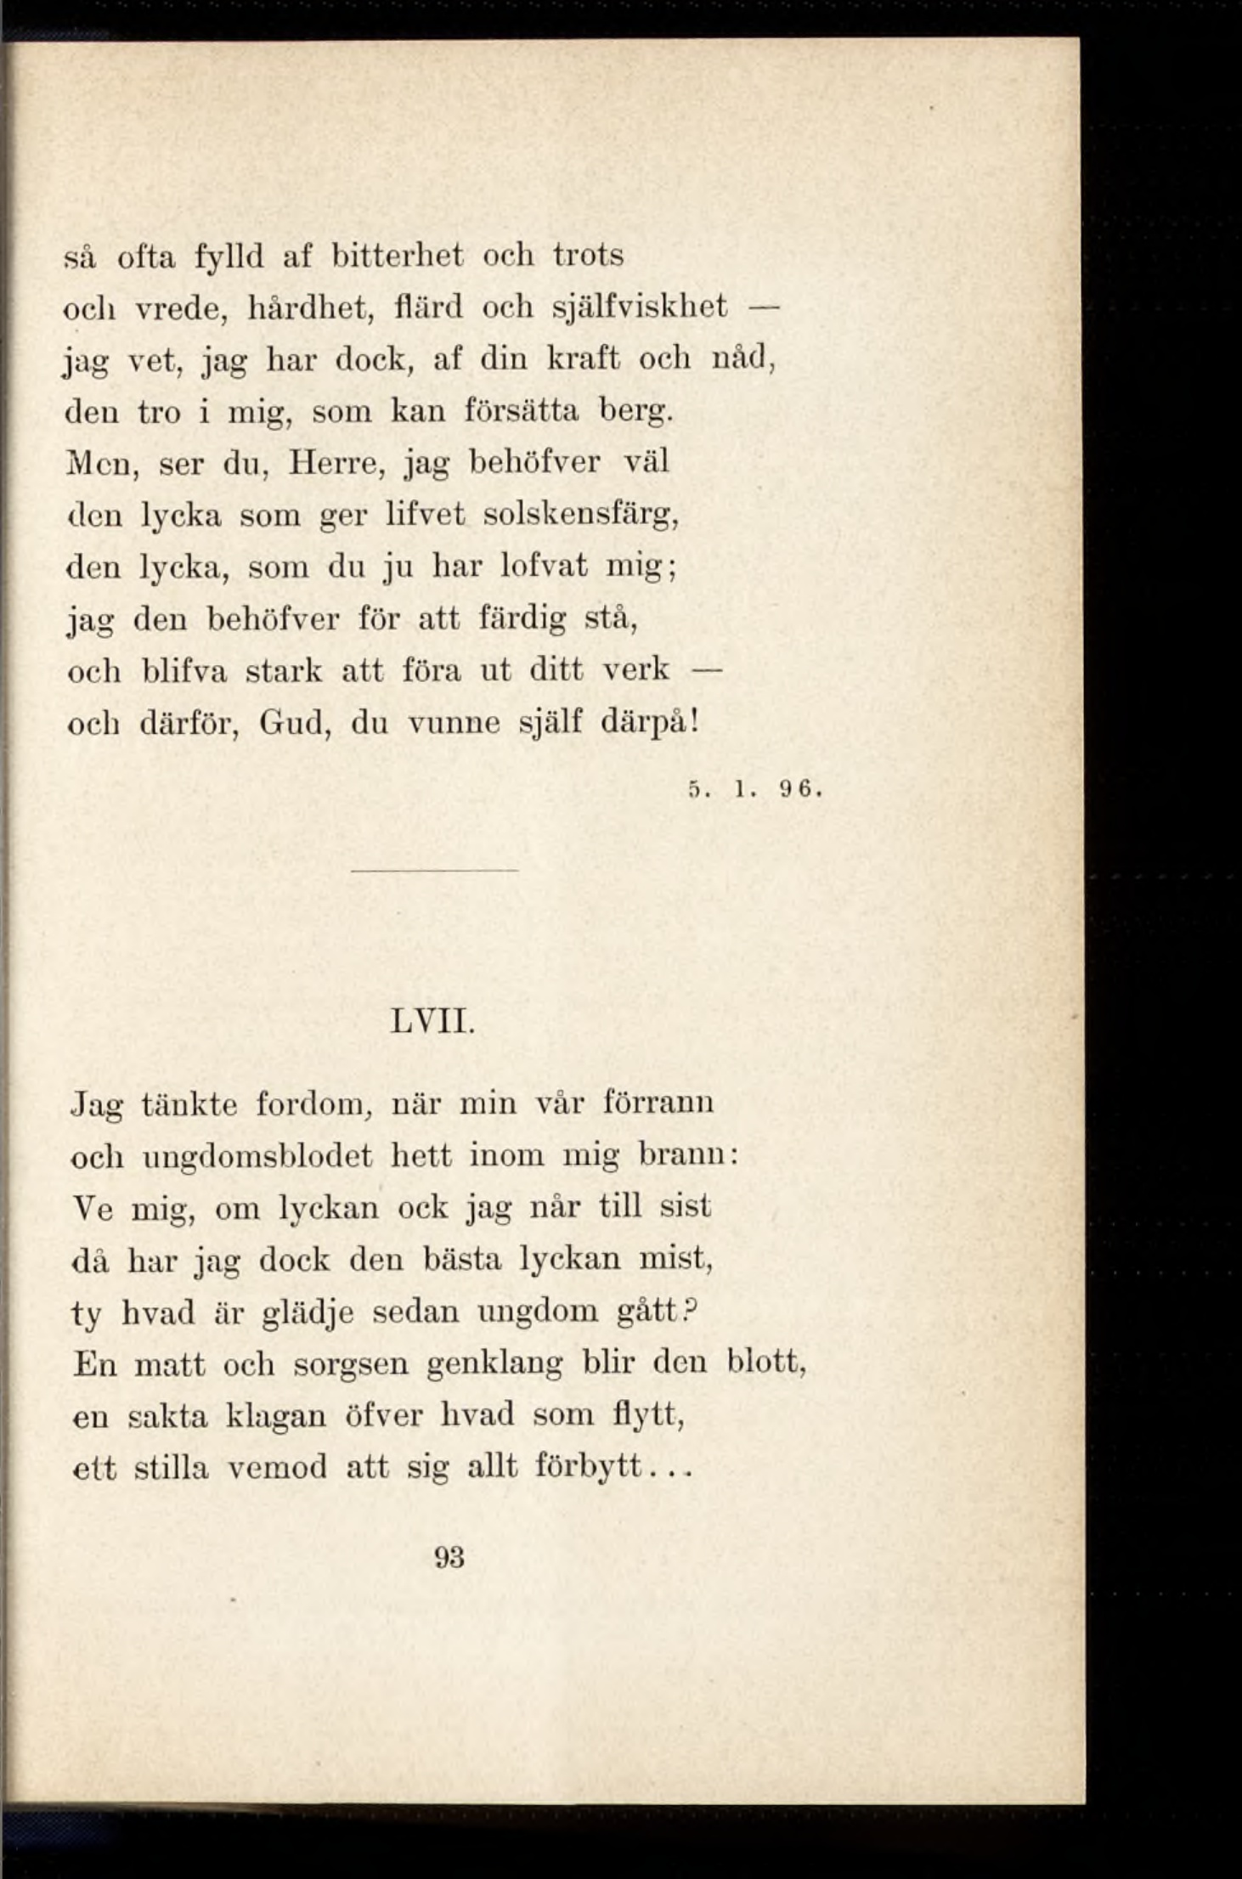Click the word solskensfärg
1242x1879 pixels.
[580, 516]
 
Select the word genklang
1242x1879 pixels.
[494, 1365]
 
